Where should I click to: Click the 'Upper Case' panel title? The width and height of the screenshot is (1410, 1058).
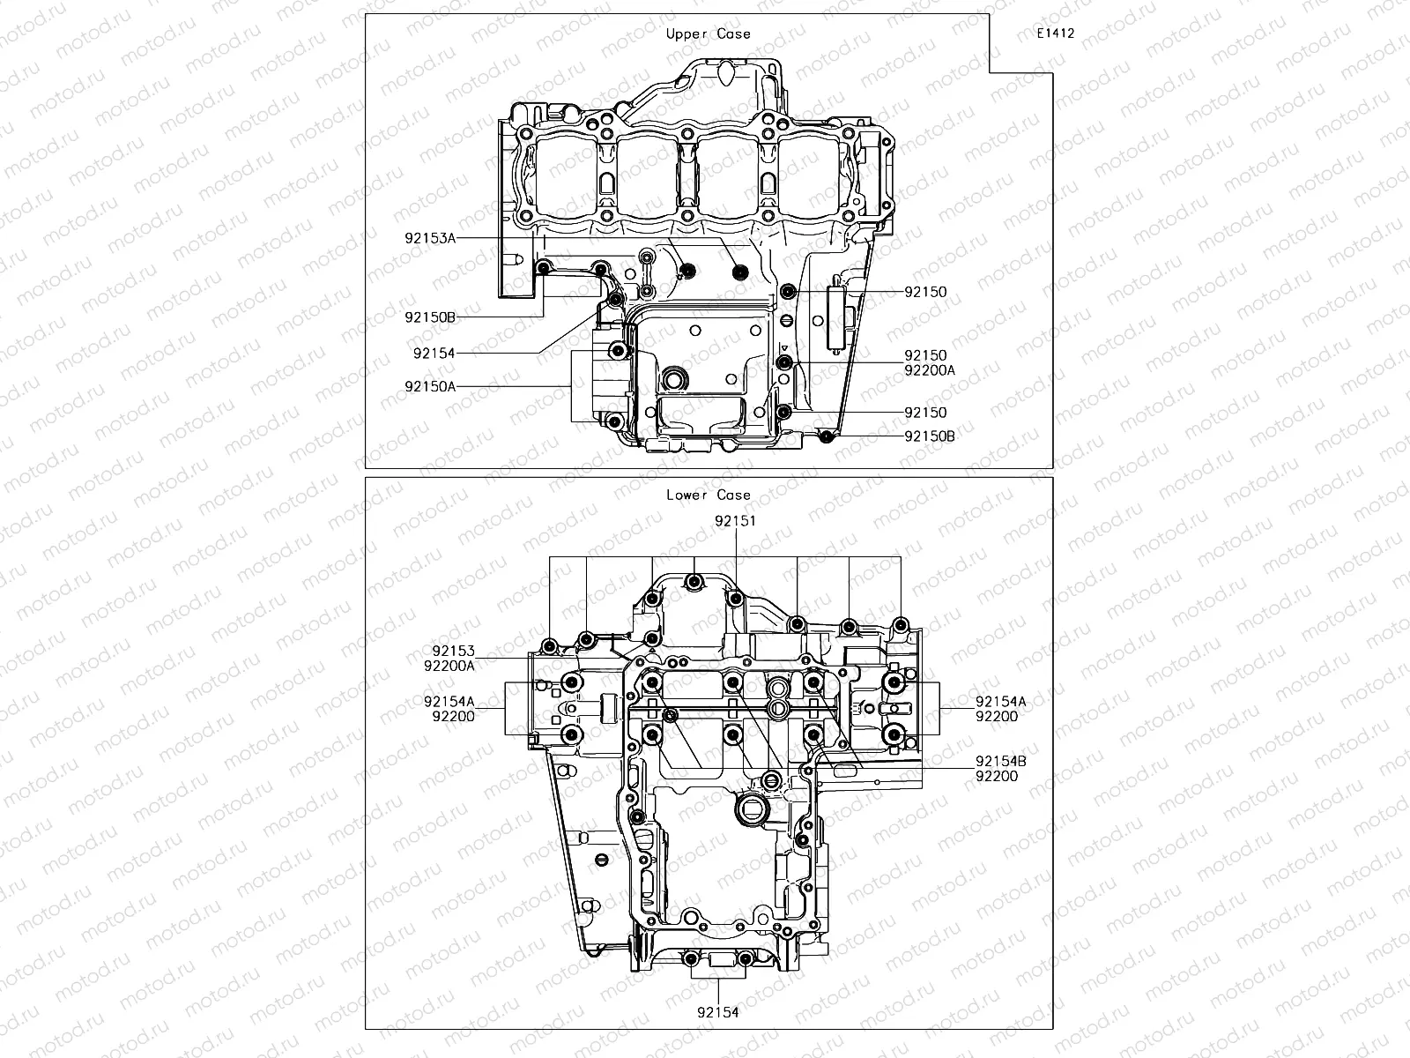708,34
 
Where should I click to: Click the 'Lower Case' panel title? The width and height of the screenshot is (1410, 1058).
708,495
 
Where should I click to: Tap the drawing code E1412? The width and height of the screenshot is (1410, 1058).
1055,34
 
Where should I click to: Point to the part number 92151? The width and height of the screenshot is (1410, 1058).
735,521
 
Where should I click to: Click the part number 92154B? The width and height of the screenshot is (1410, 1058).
1000,761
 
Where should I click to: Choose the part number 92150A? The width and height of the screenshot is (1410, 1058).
430,386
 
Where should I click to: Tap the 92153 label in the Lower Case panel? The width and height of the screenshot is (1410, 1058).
453,652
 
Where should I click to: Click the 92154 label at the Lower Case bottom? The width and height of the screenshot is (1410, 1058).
717,1012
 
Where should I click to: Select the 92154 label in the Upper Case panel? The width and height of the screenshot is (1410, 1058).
434,354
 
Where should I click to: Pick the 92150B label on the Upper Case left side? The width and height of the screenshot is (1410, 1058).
430,316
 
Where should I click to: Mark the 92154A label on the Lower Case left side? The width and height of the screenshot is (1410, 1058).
449,702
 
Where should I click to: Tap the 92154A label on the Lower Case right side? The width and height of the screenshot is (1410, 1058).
1000,702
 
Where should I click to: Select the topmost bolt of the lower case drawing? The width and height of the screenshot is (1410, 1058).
695,582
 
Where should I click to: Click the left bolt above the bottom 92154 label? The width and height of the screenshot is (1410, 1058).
692,959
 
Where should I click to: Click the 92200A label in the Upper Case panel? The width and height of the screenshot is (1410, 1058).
930,371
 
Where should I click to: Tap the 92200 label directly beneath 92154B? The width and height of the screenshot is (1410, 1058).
996,776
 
